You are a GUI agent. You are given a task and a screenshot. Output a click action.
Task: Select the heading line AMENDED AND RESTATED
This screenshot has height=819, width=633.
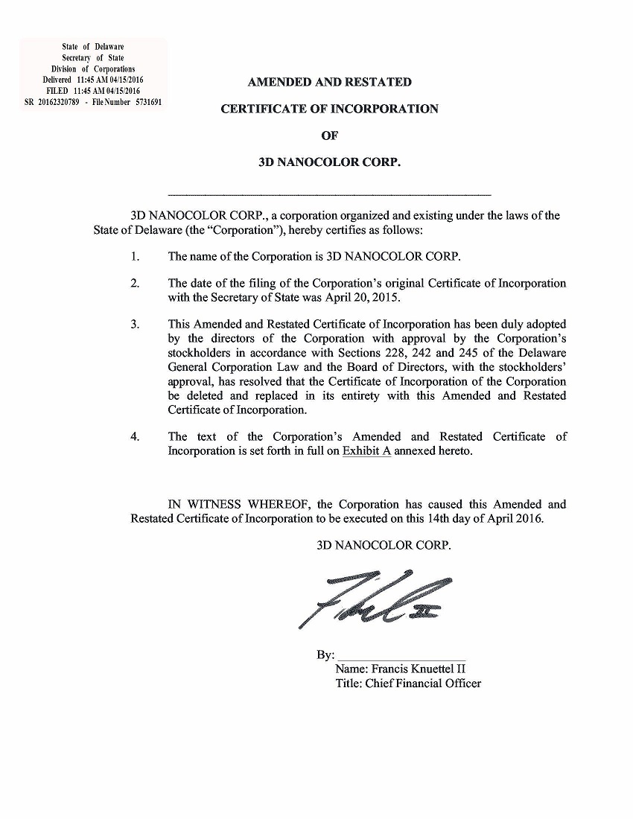tap(329, 82)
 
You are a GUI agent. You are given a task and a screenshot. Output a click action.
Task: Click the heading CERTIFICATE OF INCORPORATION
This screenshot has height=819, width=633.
tap(329, 109)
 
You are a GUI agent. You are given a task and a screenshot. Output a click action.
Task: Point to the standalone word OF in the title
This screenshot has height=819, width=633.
tap(328, 136)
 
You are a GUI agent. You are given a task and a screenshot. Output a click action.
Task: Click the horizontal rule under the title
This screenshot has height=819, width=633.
tap(330, 194)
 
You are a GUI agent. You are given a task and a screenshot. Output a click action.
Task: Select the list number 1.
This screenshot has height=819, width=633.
tap(135, 257)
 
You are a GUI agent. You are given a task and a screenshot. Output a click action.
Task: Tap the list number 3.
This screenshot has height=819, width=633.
tap(135, 324)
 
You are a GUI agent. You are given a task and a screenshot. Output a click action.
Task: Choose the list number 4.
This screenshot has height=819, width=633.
tap(135, 437)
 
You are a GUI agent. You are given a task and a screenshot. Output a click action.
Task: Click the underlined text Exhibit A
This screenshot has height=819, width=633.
tap(366, 452)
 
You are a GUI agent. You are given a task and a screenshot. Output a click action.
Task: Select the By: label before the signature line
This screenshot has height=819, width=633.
tap(325, 655)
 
